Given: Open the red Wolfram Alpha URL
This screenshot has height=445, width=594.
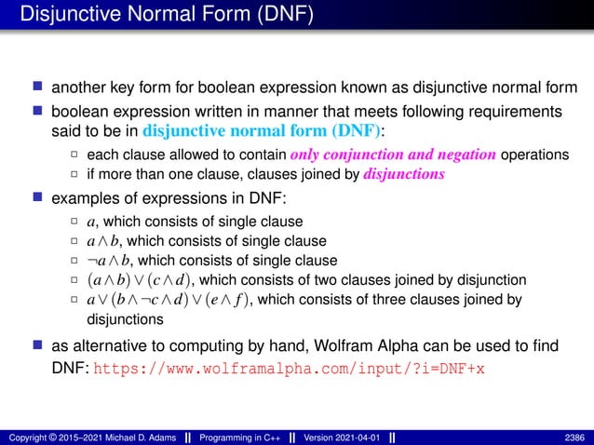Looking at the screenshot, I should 290,369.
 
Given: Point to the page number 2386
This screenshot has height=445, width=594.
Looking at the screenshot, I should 575,437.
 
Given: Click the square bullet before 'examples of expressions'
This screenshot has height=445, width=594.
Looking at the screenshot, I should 36,198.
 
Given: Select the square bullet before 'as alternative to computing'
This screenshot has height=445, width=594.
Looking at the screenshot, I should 36,346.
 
